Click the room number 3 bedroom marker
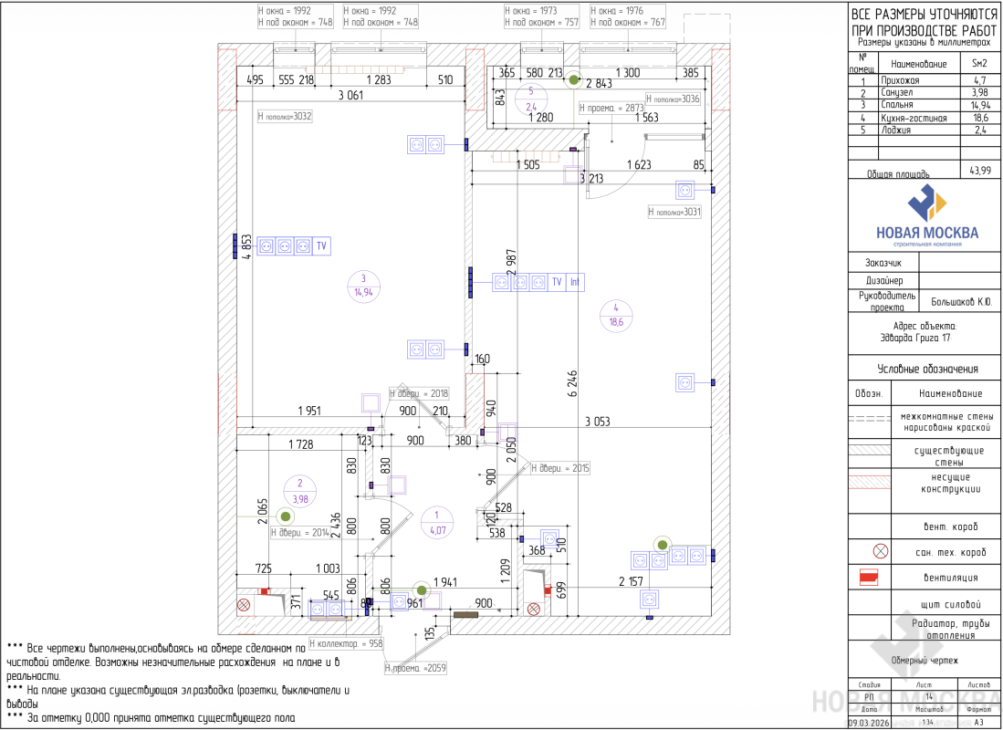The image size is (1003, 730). pos(362,286)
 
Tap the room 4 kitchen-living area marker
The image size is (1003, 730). pos(616,315)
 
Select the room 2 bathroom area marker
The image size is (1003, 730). pos(298,492)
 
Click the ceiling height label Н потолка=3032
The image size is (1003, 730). pos(285,116)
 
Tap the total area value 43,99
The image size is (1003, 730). pos(978,171)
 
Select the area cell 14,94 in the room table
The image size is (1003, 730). pos(978,106)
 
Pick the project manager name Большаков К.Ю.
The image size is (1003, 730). pos(960,300)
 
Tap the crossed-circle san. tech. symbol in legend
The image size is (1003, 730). pos(880,551)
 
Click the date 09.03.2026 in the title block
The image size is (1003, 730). pos(870,722)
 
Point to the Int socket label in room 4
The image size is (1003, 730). pos(575,282)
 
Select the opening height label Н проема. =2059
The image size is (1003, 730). pos(415,668)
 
